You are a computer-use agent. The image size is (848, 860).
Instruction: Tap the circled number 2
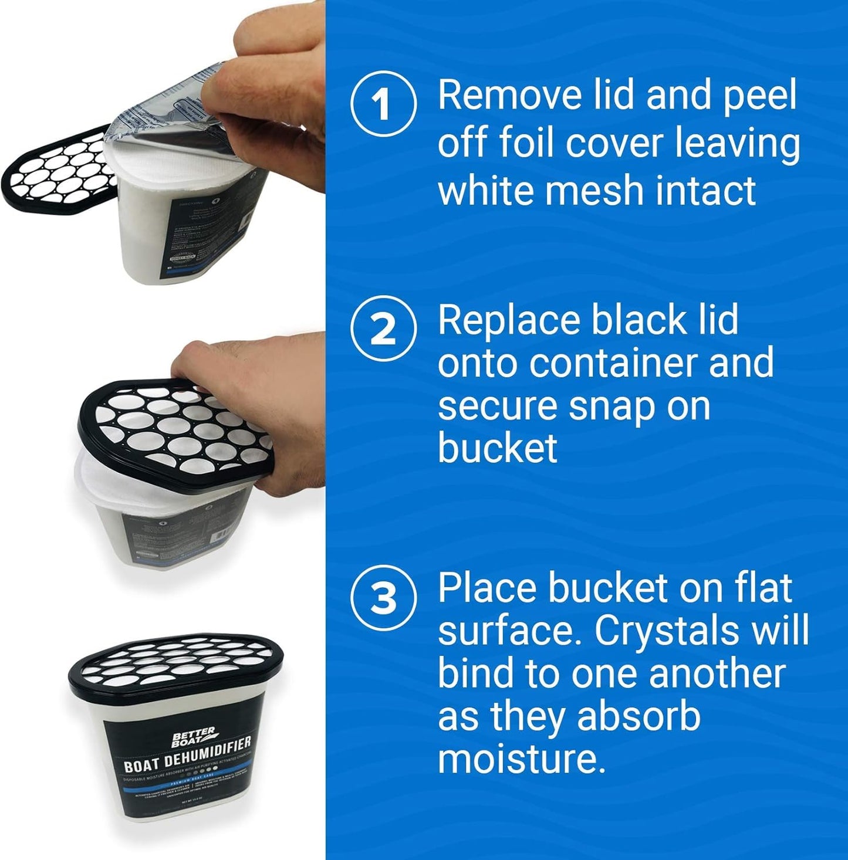click(383, 329)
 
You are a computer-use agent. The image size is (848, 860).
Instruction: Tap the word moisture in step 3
click(520, 759)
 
